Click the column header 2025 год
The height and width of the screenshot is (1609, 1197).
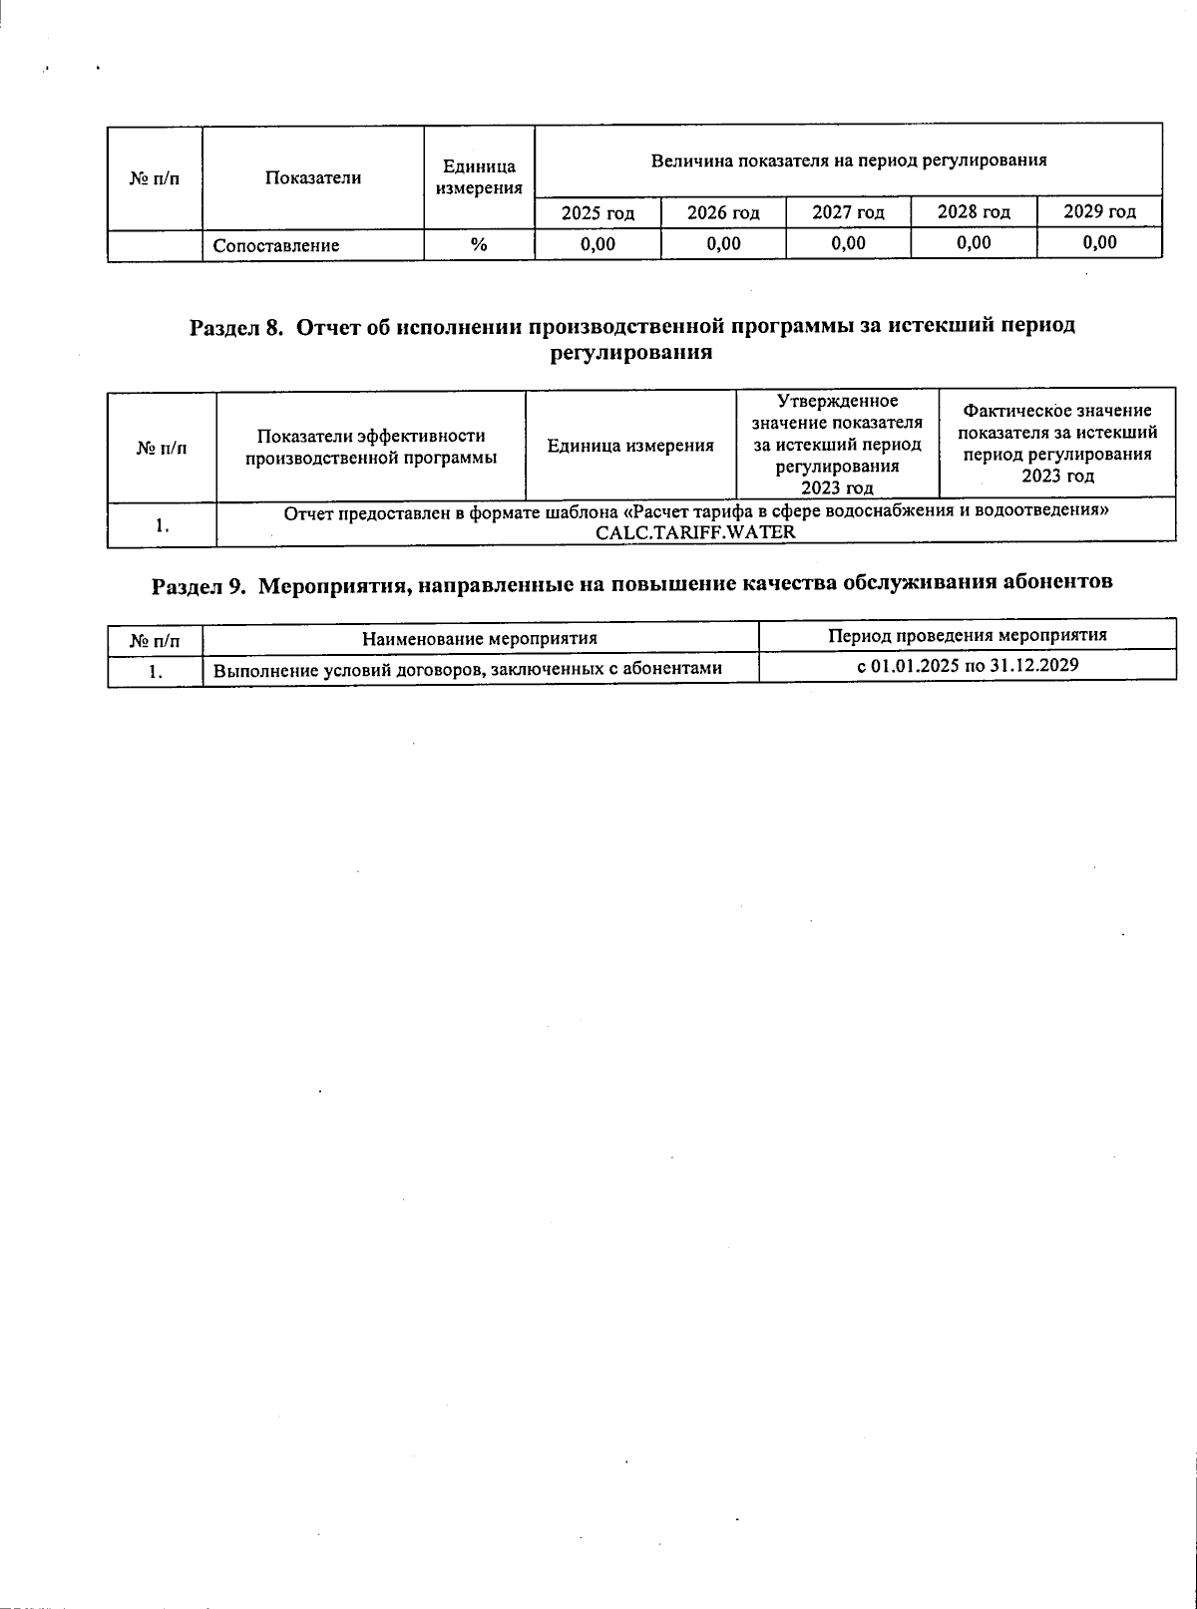pos(597,212)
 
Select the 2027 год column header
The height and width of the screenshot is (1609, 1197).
pos(848,212)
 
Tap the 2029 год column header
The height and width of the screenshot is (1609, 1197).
pos(1099,211)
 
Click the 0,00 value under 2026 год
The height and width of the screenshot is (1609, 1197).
pos(723,243)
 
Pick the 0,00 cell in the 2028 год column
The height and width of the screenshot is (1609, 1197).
pos(974,242)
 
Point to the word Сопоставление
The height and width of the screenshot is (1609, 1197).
pos(276,245)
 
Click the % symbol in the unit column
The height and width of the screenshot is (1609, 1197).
pos(479,244)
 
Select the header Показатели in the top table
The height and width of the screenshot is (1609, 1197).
pos(313,178)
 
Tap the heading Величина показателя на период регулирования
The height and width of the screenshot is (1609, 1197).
pos(848,160)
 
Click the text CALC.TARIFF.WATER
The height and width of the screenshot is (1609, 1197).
pos(695,531)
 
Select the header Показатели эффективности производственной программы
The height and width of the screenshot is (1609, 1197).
pos(371,447)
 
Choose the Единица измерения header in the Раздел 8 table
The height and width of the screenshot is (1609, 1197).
pos(630,446)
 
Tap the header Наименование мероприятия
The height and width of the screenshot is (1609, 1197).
pos(480,638)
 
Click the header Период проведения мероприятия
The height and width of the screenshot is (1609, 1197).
pos(968,636)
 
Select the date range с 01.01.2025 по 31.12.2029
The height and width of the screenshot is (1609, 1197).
pos(968,666)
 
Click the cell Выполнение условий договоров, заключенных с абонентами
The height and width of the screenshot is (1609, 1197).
pos(468,669)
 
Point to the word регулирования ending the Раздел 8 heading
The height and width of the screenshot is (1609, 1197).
pos(630,353)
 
